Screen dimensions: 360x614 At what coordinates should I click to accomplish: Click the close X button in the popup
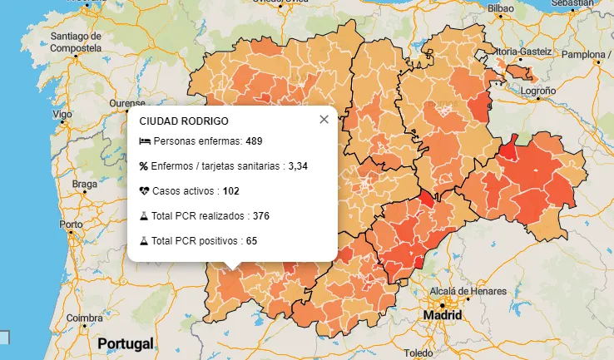[324, 120]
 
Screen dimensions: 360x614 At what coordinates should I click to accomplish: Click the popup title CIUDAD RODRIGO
[184, 121]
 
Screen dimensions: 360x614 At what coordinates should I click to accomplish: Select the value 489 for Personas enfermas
[254, 141]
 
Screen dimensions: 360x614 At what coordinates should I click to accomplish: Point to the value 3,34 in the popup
[298, 166]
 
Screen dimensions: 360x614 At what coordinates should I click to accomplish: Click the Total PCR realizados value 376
[260, 216]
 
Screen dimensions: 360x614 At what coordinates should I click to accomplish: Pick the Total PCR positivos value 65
[251, 241]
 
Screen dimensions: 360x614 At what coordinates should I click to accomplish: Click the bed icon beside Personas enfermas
[145, 141]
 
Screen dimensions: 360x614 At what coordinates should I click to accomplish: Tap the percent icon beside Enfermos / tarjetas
[144, 166]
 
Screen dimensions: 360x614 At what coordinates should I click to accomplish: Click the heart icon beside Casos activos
[145, 191]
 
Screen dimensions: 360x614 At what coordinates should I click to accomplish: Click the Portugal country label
[126, 343]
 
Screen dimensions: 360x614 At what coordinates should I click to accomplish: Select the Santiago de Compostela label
[76, 42]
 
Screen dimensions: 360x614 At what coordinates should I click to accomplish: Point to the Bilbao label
[502, 8]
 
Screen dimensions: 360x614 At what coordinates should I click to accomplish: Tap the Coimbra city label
[85, 318]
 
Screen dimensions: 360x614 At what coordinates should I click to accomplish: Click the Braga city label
[85, 184]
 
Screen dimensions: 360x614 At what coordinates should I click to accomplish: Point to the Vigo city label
[62, 114]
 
